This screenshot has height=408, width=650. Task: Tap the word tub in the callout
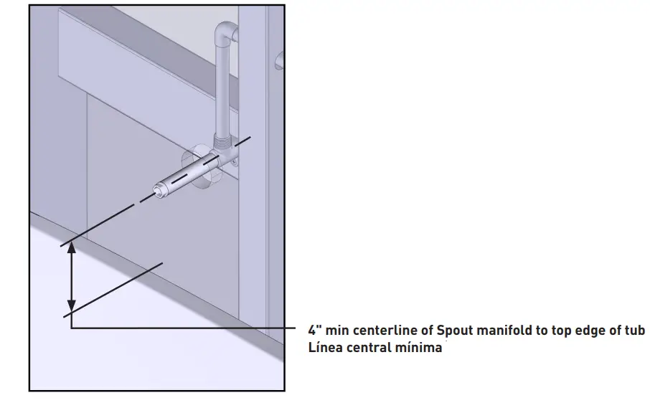pos(634,331)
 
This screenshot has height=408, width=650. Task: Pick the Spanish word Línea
pos(324,348)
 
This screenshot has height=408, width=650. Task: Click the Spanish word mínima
pos(420,348)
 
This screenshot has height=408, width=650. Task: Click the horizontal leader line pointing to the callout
pos(187,328)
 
